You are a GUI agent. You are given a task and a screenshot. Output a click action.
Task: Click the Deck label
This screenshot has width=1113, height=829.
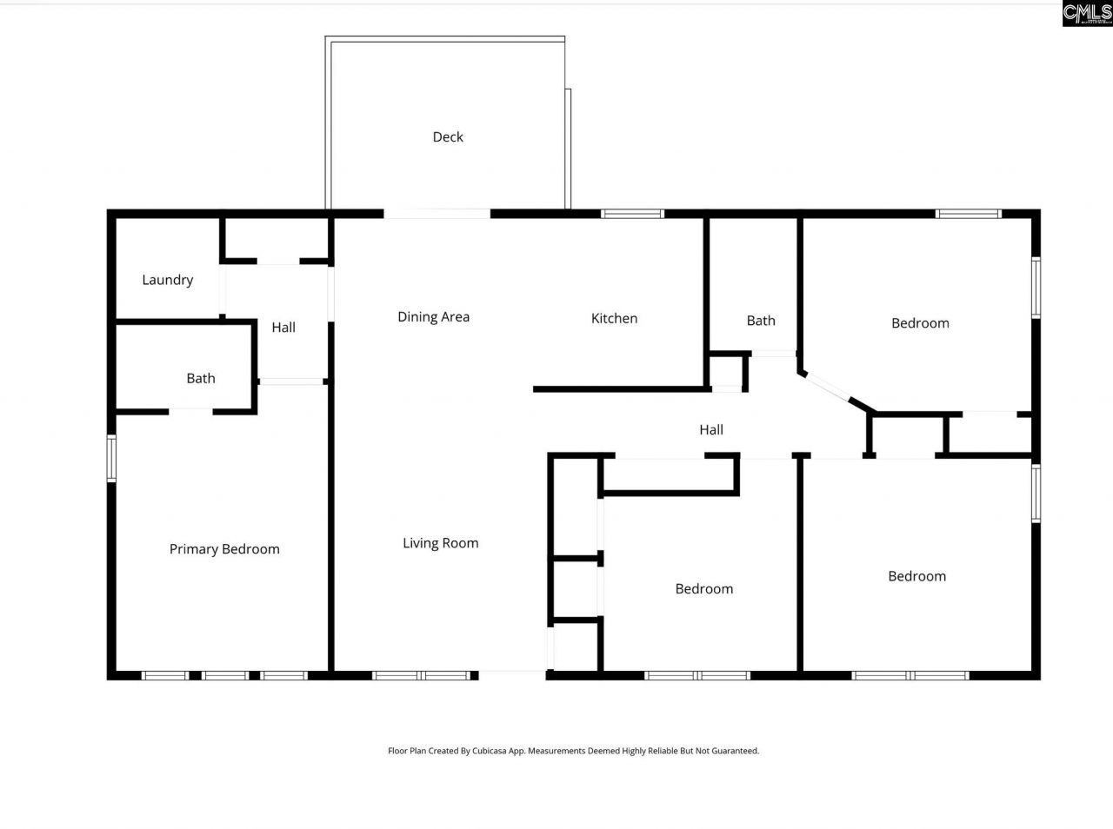448,136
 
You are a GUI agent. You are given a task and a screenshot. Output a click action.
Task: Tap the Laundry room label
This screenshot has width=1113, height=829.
167,280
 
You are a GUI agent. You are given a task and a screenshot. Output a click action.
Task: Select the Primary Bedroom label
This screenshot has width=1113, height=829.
224,549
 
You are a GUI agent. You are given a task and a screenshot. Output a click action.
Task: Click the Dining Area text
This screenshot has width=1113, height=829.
433,317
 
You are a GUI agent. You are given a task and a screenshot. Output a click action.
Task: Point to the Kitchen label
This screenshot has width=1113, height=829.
614,319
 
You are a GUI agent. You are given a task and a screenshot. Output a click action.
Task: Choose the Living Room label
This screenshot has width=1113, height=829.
440,543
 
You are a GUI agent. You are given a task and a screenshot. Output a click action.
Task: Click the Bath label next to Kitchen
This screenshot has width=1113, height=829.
760,321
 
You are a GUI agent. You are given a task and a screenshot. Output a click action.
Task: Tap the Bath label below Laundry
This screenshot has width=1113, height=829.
200,378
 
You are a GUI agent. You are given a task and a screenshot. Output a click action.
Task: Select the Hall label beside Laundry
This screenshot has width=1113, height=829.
283,328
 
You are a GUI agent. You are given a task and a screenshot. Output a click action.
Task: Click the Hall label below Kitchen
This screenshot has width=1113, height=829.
710,429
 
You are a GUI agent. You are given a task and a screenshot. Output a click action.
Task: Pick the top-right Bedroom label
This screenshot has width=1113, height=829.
920,323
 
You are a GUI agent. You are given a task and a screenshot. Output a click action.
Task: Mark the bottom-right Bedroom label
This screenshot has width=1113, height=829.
916,576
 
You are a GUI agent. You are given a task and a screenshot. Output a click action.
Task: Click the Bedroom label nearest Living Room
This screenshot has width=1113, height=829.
703,589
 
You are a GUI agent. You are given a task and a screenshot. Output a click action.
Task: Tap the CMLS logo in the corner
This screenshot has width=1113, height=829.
1087,13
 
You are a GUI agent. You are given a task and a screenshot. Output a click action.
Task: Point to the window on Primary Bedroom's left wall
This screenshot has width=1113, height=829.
111,459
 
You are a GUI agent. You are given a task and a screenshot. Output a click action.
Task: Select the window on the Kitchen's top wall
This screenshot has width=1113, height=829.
632,214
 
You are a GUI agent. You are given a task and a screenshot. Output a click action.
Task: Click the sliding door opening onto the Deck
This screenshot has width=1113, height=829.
437,214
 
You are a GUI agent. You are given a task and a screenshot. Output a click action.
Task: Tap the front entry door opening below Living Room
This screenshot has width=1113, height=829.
512,674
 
